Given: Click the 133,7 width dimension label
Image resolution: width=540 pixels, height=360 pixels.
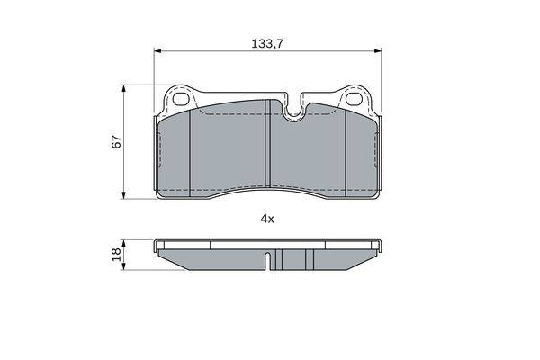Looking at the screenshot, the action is [267, 44].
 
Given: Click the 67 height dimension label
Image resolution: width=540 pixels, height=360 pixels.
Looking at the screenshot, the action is [117, 141].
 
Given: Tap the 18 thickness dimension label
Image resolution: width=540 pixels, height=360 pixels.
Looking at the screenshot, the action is [117, 254].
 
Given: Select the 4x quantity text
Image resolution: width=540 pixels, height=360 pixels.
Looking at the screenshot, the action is [267, 219].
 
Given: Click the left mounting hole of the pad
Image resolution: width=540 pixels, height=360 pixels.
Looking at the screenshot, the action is [181, 99].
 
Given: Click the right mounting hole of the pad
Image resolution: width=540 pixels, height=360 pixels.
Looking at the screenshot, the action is [355, 99].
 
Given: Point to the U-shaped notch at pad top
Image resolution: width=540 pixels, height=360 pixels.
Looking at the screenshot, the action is [293, 109].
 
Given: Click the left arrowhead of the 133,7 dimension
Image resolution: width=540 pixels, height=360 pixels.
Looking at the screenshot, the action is [157, 51].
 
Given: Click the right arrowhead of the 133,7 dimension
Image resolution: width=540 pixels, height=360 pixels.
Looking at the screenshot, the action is [378, 51].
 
